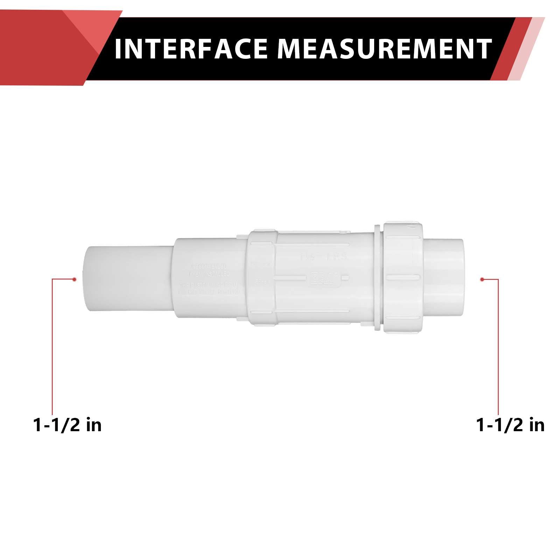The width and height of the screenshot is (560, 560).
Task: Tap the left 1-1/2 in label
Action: point(67,425)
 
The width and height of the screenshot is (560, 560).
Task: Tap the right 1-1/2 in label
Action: point(510,425)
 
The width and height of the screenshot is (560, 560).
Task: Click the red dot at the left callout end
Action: point(74,279)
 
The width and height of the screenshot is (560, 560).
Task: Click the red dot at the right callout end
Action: point(482,279)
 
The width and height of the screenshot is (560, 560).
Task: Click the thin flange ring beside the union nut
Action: point(377,278)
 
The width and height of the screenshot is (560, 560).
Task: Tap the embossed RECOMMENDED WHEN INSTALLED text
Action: point(209,270)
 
